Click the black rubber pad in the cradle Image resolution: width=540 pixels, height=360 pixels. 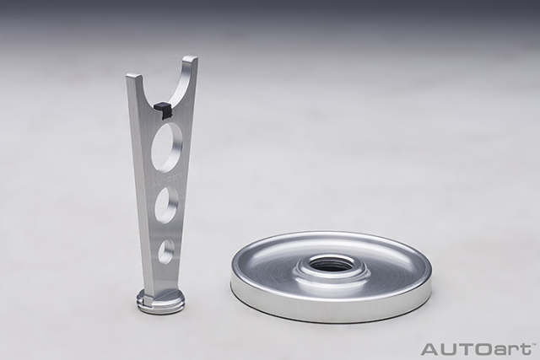pos(162,109)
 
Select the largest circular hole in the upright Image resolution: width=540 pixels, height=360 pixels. pos(167,148)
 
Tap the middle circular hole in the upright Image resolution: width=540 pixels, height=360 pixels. pos(167,205)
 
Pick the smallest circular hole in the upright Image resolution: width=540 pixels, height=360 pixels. pos(166,250)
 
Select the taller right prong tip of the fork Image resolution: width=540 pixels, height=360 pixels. pos(190,58)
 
